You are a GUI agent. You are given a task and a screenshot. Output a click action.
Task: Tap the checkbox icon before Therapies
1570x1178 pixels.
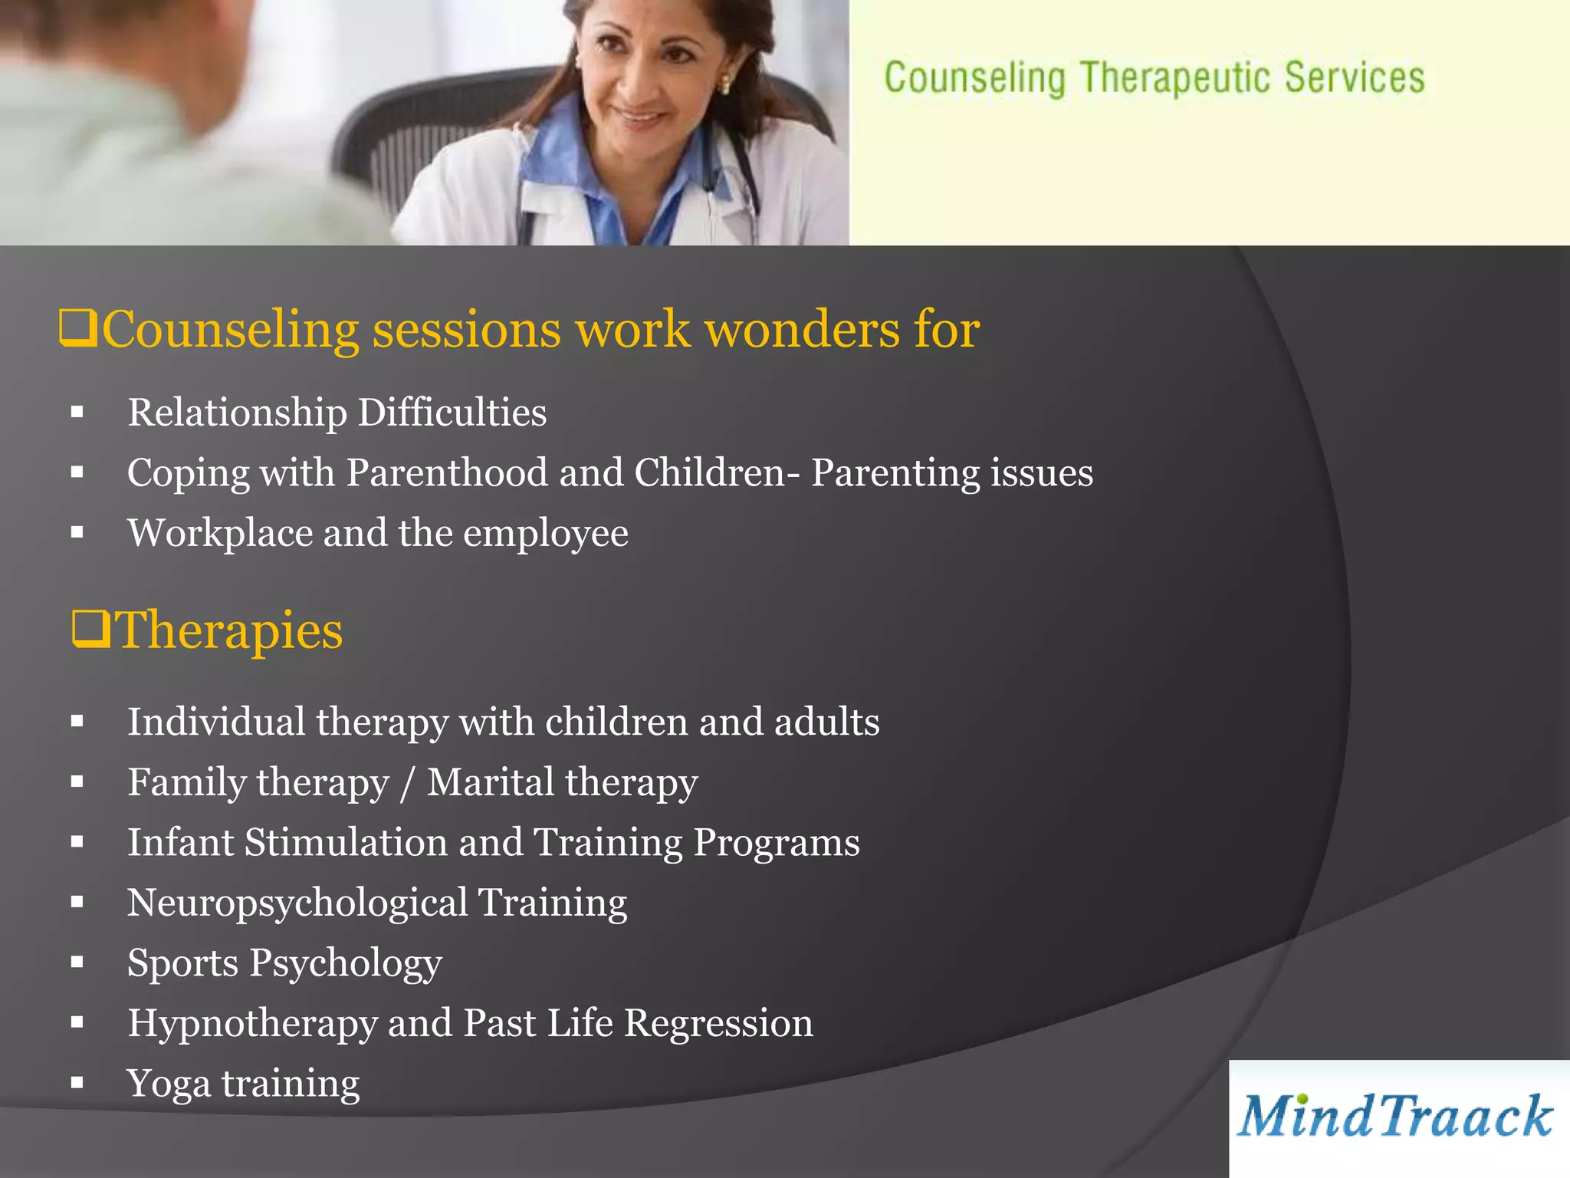(x=91, y=630)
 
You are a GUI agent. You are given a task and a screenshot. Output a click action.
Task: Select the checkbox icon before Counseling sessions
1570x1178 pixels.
(x=78, y=329)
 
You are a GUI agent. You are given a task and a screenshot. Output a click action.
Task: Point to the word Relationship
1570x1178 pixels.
(x=237, y=413)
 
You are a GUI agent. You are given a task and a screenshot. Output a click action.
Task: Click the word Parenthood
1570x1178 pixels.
(x=447, y=472)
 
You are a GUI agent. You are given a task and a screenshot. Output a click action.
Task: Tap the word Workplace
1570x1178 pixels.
(x=220, y=533)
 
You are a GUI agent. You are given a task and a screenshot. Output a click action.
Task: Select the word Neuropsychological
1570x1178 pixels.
(x=297, y=903)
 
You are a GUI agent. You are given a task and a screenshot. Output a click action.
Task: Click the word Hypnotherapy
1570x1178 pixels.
(x=251, y=1023)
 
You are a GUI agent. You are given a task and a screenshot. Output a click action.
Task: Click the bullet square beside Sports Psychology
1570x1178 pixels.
(x=77, y=962)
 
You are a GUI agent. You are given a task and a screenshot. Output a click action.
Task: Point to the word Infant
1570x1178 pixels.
(x=181, y=842)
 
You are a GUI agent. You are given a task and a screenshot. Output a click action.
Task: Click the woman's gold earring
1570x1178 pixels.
(x=723, y=84)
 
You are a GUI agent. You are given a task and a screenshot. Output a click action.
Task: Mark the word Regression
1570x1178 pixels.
(x=718, y=1023)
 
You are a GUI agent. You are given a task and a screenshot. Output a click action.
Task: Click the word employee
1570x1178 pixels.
(x=545, y=533)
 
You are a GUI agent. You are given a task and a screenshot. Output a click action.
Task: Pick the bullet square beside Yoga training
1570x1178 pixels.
(x=77, y=1083)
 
